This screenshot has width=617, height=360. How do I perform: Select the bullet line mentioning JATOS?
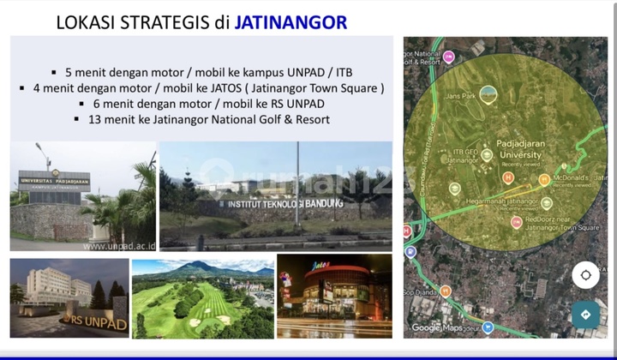coord(202,87)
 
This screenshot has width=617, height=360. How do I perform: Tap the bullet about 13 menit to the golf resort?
coord(202,119)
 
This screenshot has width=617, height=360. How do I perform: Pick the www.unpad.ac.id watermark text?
coord(118,245)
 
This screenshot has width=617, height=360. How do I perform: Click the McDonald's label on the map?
coord(574,176)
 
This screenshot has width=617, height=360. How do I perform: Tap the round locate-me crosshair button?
coord(585,276)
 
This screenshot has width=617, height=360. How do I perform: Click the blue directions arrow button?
coord(585,315)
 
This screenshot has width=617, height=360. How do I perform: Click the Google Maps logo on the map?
coord(437,327)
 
